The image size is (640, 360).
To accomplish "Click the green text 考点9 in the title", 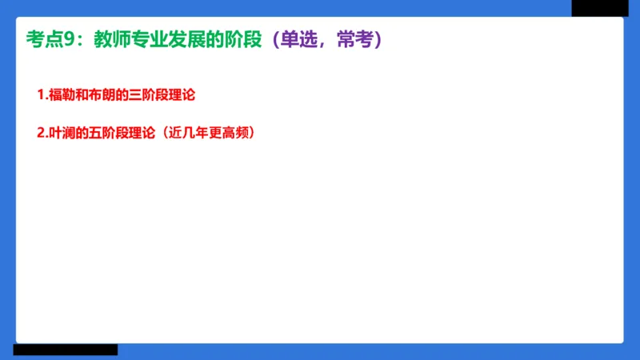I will (54, 39).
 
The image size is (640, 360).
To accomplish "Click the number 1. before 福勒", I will (42, 95).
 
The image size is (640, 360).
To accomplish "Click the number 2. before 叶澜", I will (42, 134).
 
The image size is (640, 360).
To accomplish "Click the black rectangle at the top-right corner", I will (599, 8).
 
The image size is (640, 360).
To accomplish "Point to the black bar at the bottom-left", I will (65, 350).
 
